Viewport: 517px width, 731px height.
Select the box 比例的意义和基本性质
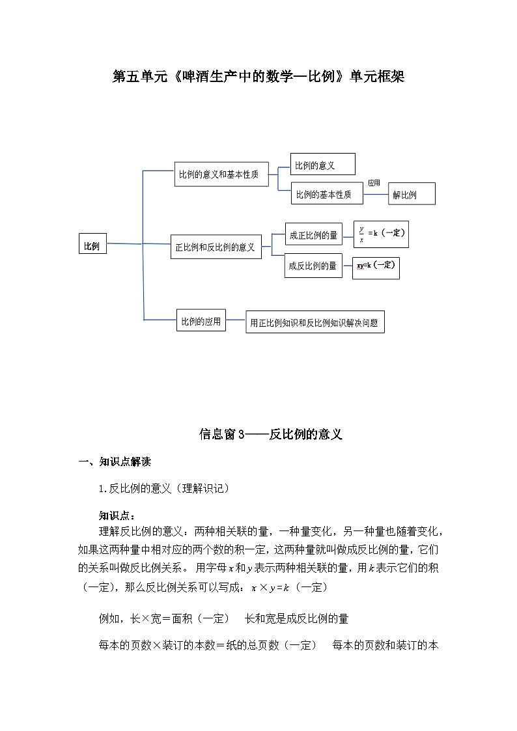pos(221,174)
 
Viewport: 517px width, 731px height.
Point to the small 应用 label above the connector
pos(374,183)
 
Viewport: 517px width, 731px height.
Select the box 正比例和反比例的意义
pos(216,247)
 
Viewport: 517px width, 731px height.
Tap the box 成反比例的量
pos(313,265)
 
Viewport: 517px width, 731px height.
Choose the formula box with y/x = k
pos(381,234)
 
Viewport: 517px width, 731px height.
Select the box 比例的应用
pos(201,320)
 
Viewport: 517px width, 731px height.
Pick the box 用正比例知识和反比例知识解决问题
pos(314,322)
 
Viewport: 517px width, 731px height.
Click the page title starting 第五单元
pos(258,77)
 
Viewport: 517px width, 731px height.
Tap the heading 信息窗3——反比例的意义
pos(271,434)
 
